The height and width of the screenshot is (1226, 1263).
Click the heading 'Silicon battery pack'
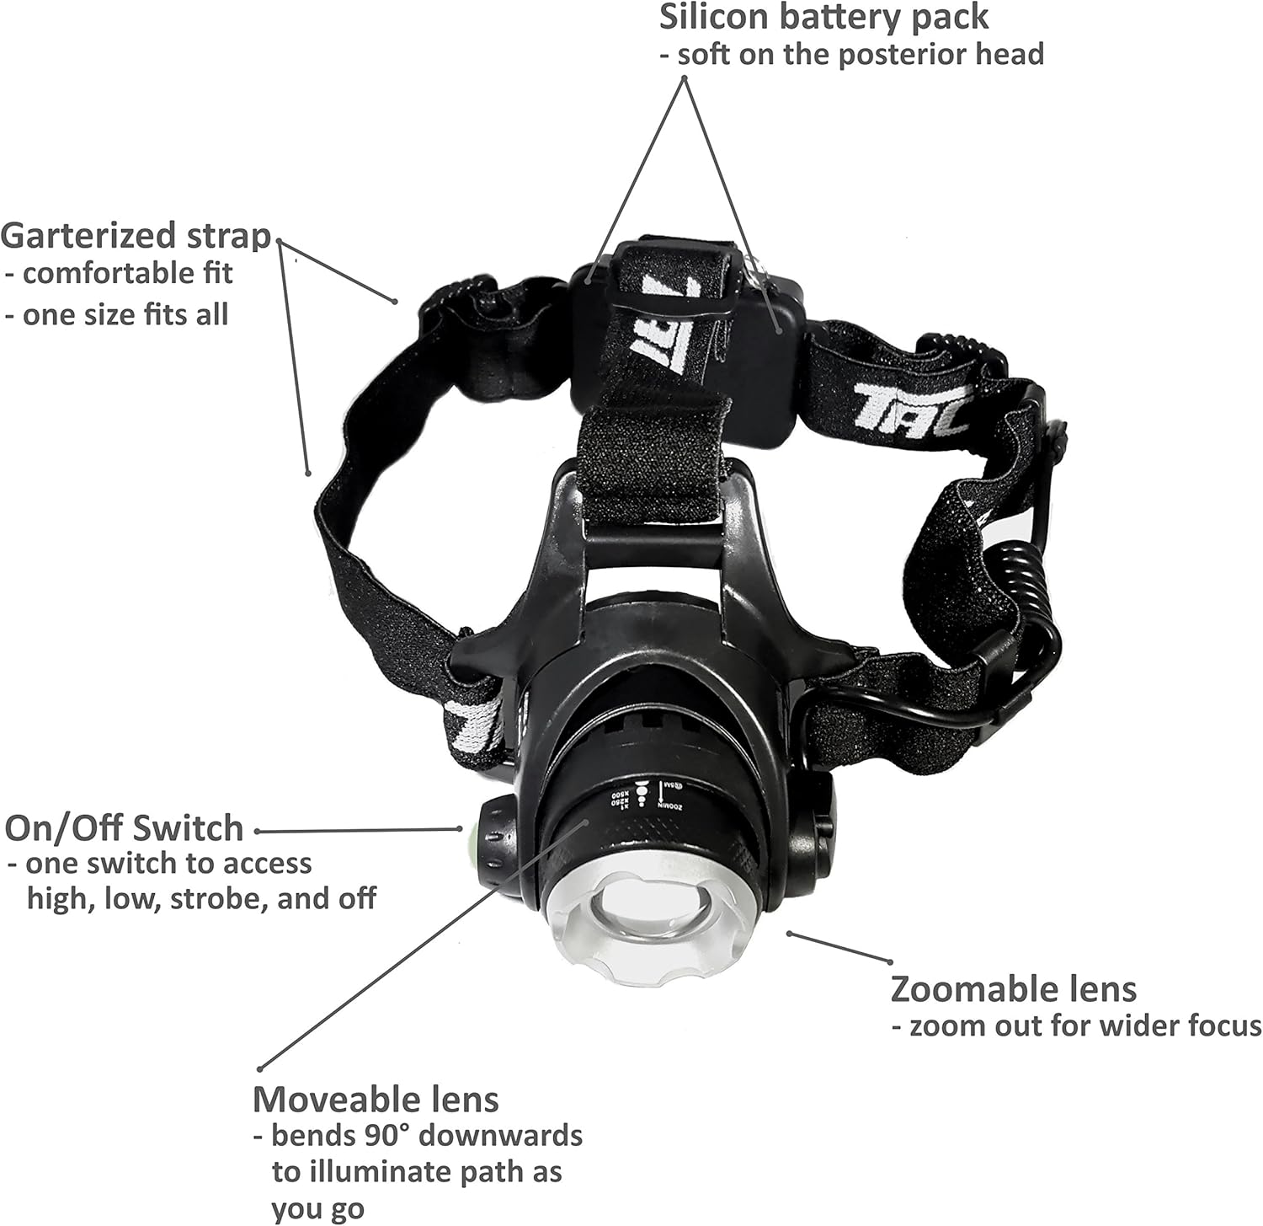click(823, 17)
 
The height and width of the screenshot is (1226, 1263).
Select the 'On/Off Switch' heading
click(124, 828)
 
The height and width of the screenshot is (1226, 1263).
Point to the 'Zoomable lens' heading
click(1013, 989)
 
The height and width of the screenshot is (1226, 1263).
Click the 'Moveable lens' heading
click(376, 1100)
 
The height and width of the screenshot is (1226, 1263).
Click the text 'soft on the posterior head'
click(851, 55)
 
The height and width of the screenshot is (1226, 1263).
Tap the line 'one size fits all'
click(117, 314)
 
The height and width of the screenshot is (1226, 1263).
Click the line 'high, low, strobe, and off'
click(201, 898)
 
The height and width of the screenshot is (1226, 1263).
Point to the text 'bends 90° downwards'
click(418, 1135)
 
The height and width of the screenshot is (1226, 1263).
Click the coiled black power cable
click(1039, 590)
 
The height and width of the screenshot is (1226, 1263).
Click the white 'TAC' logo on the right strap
click(909, 403)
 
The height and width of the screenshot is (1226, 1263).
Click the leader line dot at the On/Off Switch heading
click(258, 831)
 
